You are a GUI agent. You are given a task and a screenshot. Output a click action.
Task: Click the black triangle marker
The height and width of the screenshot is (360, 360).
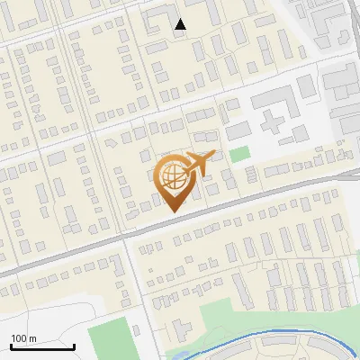click(x=181, y=24)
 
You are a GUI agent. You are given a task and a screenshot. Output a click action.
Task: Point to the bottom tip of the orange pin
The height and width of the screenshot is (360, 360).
click(x=172, y=211)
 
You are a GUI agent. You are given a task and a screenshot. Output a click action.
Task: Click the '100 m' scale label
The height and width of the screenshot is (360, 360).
click(x=24, y=337)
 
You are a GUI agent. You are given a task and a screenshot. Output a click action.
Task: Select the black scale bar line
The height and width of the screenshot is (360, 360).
click(x=42, y=346)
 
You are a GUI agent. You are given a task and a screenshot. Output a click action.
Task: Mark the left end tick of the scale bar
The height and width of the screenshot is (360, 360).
click(x=11, y=345)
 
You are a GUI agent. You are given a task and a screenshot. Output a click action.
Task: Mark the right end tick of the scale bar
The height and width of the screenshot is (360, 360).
click(x=74, y=345)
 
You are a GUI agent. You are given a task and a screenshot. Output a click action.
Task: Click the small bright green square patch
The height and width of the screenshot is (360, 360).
click(x=238, y=154)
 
